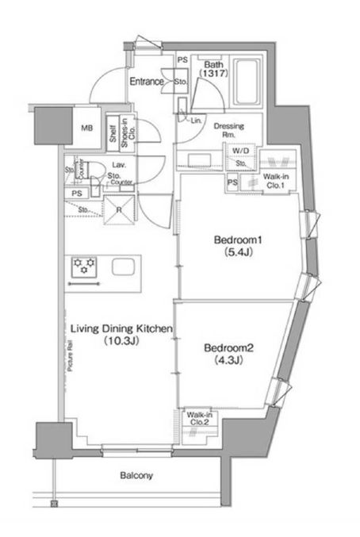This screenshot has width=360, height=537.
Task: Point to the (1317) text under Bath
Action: pyautogui.click(x=213, y=73)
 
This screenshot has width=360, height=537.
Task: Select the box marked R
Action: pyautogui.click(x=119, y=210)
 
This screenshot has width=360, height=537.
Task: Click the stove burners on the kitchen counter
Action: pyautogui.click(x=85, y=264)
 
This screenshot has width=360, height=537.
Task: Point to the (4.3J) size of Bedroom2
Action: pyautogui.click(x=221, y=360)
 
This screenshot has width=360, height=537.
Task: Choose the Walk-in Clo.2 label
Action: pyautogui.click(x=197, y=418)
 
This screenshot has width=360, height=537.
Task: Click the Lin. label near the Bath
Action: pyautogui.click(x=195, y=120)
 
